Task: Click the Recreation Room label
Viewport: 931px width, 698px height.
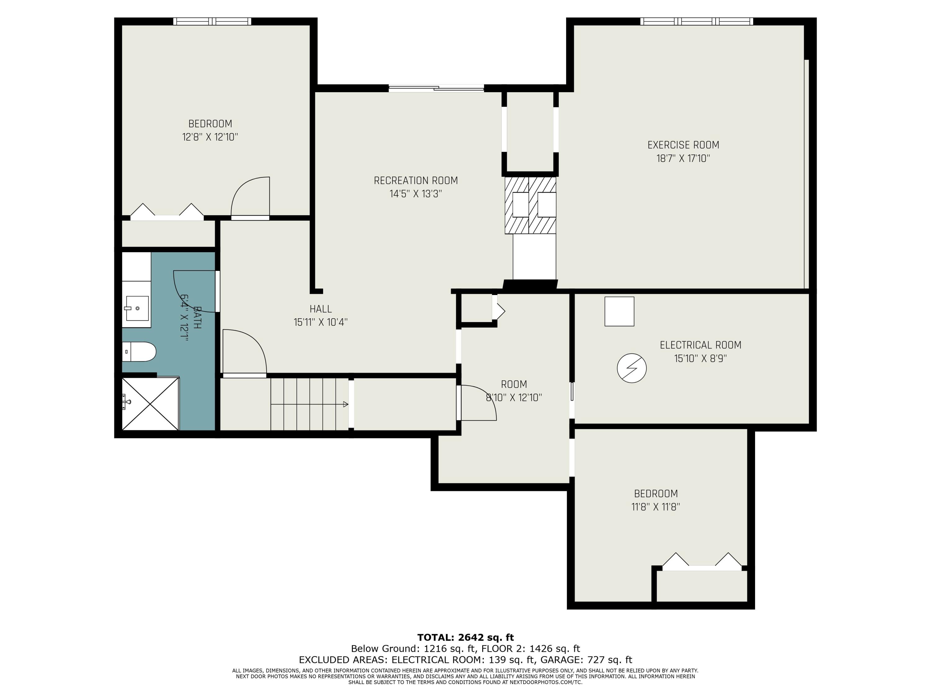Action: click(416, 181)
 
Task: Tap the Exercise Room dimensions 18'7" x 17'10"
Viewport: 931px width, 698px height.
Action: click(683, 159)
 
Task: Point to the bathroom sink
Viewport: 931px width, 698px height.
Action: click(137, 308)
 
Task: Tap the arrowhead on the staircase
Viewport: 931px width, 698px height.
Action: click(345, 404)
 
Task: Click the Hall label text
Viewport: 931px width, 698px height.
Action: click(321, 309)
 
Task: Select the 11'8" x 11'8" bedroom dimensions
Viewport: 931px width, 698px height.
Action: click(656, 507)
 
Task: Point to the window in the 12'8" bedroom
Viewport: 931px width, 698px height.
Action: click(212, 21)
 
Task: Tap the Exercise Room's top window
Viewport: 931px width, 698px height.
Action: click(697, 21)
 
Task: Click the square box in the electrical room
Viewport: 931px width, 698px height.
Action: click(619, 311)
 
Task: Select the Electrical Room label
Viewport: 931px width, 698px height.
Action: click(700, 345)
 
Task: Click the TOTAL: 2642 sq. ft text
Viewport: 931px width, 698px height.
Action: click(465, 638)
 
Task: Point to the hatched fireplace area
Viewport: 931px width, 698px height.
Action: click(530, 205)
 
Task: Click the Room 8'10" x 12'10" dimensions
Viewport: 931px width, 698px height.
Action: click(514, 398)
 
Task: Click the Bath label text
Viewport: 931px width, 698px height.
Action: click(196, 318)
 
